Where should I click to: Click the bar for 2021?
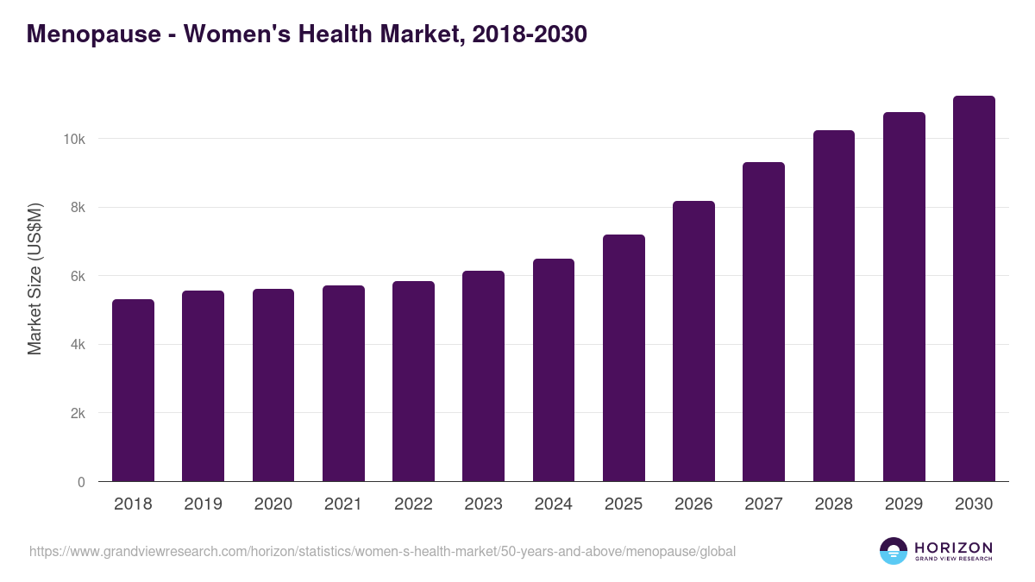343,384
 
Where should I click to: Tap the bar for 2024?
554,370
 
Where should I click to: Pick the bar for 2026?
693,341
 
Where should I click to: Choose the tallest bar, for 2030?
974,289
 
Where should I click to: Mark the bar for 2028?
834,306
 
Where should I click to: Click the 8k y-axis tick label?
78,208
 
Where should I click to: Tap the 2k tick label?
78,414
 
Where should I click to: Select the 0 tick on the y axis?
81,482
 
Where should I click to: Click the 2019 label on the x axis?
203,504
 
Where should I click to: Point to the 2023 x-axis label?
483,504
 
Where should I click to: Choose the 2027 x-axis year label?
763,504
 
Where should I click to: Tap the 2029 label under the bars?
904,504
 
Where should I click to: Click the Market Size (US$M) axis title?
34,278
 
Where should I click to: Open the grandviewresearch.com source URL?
382,551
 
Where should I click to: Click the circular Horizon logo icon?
894,551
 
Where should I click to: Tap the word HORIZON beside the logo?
953,547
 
